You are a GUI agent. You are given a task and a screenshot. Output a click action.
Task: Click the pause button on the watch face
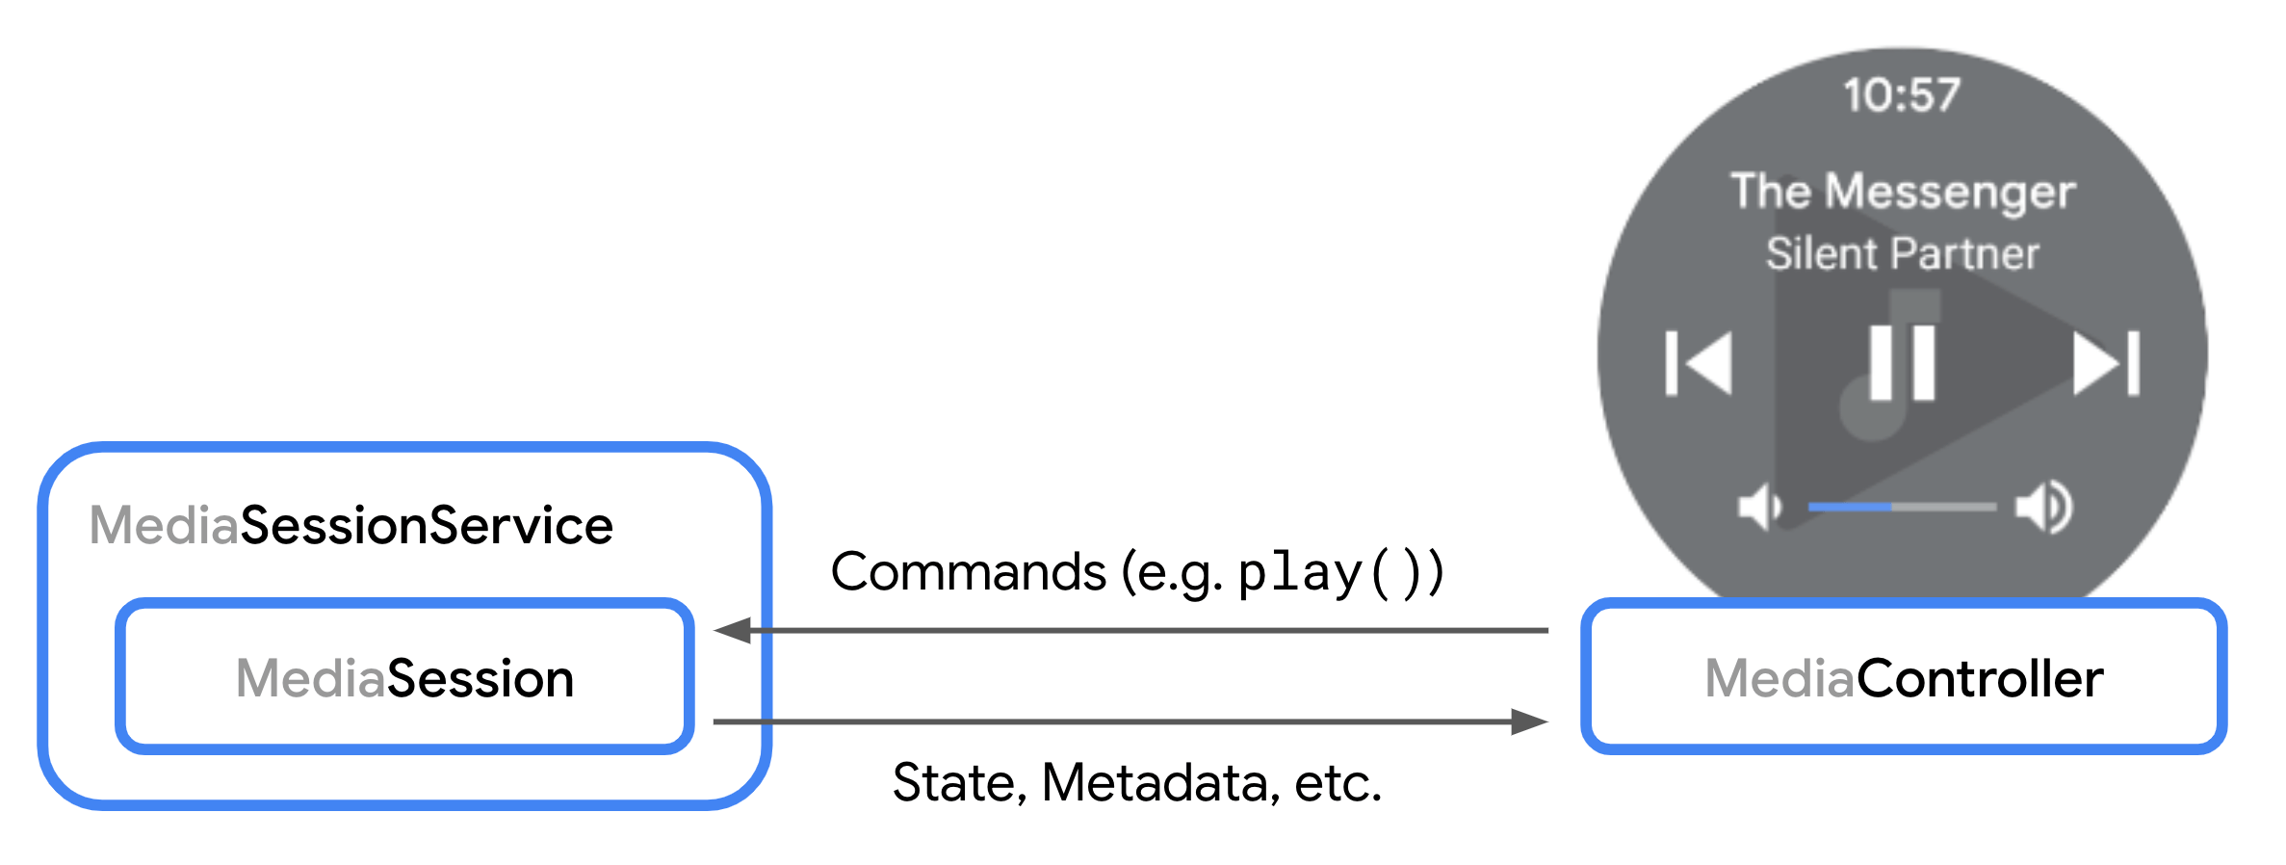point(1902,363)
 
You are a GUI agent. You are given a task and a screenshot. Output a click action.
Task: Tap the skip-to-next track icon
point(2106,363)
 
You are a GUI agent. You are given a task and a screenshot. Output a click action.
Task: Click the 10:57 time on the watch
point(1902,95)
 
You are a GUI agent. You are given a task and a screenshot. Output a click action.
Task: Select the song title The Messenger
point(1902,191)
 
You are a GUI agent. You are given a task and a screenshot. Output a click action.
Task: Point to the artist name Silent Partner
point(1902,254)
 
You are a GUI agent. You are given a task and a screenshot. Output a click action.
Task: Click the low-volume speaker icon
point(1759,507)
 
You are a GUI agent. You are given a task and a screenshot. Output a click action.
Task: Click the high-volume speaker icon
point(2044,507)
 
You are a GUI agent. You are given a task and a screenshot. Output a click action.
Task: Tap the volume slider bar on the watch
point(1902,507)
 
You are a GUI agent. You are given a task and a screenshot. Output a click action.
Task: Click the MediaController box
point(1903,677)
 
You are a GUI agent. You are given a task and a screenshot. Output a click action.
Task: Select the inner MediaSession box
point(404,677)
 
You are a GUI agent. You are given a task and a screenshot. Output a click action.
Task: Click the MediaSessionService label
point(351,526)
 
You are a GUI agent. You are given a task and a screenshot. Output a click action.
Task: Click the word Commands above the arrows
point(968,572)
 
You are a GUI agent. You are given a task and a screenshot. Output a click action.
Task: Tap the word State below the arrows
point(952,782)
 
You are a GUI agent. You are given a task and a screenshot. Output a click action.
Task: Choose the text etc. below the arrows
point(1338,782)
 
